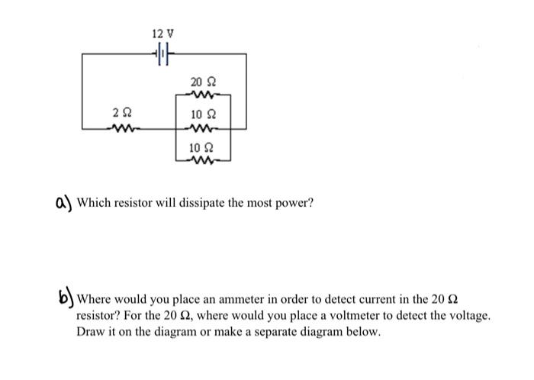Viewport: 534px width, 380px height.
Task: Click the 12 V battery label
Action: tap(162, 34)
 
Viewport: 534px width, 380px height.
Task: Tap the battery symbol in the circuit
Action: tap(162, 54)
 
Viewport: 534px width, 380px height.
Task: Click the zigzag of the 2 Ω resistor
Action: tap(120, 127)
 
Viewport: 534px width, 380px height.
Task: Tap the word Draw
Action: tap(91, 332)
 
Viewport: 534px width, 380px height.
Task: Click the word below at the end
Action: tap(363, 332)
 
